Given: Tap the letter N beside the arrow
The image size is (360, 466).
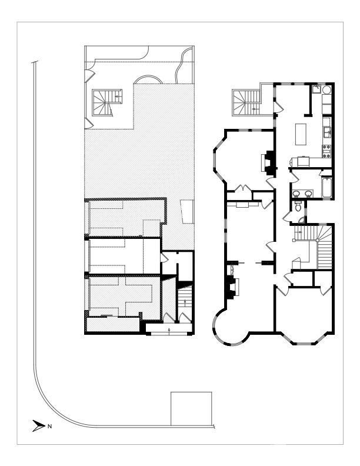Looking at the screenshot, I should (x=49, y=426).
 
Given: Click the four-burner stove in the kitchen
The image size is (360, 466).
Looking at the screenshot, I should (x=326, y=151).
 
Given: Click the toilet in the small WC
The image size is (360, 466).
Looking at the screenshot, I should (x=299, y=207).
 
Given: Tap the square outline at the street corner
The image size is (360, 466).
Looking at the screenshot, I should (x=191, y=408).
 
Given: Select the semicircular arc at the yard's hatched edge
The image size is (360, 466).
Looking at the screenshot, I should (x=147, y=81).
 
